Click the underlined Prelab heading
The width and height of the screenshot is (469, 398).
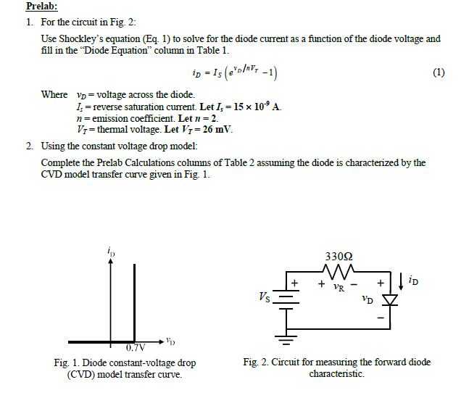[41, 7]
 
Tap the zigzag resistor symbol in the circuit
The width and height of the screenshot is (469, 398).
[338, 274]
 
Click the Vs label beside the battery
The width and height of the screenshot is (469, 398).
[266, 297]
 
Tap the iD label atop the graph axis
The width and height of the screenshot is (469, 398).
[110, 251]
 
